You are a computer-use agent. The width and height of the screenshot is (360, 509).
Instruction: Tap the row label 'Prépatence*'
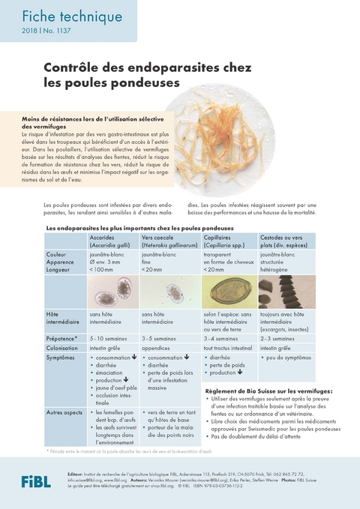[62, 339]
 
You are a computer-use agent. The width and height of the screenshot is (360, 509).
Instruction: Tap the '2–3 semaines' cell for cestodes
[278, 339]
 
